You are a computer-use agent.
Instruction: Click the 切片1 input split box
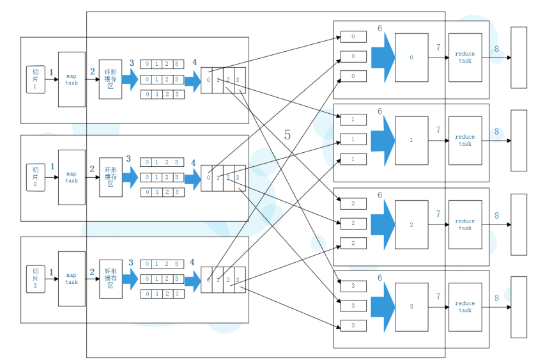click(35, 79)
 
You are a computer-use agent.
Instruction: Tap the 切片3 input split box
click(35, 278)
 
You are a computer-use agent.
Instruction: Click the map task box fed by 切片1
click(72, 79)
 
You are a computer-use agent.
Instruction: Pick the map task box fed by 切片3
click(72, 278)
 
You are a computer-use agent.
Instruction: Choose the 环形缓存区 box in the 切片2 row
click(110, 177)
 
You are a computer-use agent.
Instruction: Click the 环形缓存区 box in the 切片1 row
click(110, 79)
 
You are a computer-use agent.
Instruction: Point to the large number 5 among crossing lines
click(287, 135)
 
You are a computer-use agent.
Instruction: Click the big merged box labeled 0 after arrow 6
click(411, 58)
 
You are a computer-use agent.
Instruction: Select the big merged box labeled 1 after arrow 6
click(411, 140)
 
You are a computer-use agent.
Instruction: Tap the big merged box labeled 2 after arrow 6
click(411, 224)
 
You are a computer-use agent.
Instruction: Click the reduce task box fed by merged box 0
click(465, 58)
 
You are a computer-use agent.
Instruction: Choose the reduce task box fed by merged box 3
click(465, 307)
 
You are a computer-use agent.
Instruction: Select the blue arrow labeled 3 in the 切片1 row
click(130, 79)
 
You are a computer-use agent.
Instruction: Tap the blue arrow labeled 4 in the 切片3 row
click(192, 279)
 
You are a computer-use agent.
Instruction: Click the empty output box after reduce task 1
click(519, 140)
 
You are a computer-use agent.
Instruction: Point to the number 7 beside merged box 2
click(438, 214)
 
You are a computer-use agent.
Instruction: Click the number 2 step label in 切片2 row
click(92, 169)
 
